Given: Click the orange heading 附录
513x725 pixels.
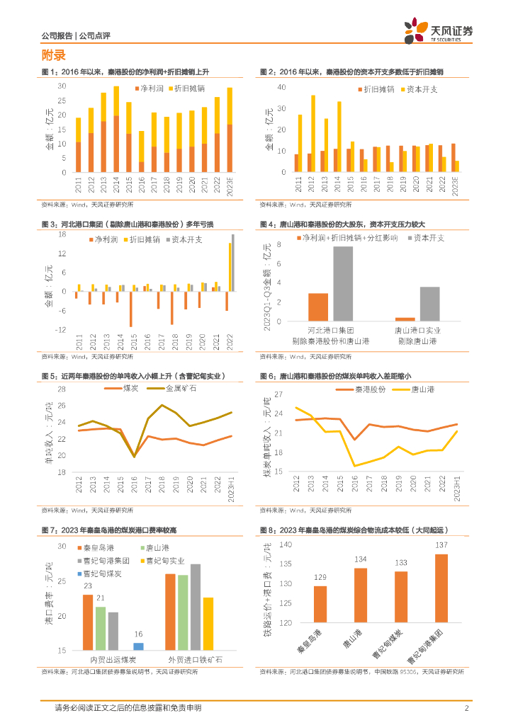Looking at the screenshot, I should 54,55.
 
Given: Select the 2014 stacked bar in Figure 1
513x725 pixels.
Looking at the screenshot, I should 116,130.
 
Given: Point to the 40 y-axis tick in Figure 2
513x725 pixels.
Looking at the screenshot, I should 281,87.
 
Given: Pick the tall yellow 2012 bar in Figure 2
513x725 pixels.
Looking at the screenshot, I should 313,134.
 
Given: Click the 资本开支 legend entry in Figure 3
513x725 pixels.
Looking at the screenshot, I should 185,240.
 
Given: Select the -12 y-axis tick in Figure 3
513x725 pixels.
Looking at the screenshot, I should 62,329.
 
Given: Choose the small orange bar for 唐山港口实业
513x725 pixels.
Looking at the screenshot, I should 405,319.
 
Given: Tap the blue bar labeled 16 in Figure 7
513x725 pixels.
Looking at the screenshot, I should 138,646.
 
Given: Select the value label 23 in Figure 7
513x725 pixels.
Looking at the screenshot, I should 87,586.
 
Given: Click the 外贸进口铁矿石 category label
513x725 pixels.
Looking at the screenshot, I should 190,659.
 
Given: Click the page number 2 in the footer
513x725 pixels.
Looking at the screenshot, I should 466,708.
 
